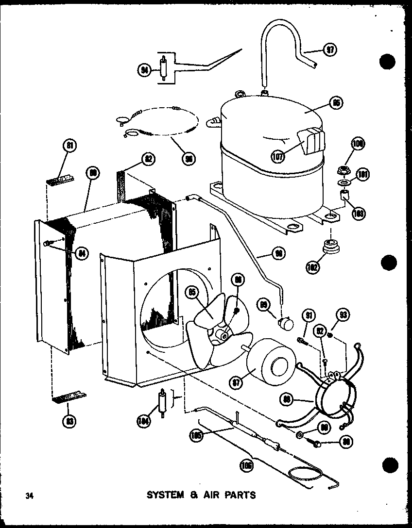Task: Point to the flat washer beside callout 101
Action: pyautogui.click(x=344, y=183)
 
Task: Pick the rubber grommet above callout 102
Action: pyautogui.click(x=331, y=247)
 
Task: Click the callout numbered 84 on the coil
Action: pyautogui.click(x=82, y=252)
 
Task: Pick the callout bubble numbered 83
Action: pyautogui.click(x=70, y=421)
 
